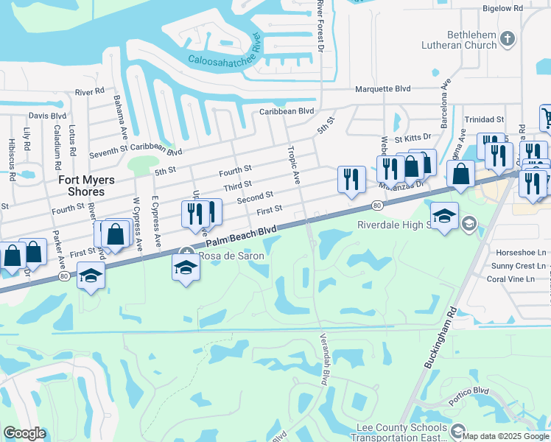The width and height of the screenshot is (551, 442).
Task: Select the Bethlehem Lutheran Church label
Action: click(x=472, y=40)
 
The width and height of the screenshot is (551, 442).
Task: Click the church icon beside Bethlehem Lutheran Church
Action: click(x=508, y=39)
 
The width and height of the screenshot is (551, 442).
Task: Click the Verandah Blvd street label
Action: click(x=322, y=359)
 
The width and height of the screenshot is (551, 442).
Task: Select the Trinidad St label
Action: click(x=484, y=119)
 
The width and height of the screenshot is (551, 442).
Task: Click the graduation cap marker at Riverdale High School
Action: click(x=444, y=217)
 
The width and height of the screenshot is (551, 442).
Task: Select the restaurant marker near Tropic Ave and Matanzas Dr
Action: click(x=351, y=179)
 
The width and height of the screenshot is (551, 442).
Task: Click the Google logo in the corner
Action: click(x=24, y=433)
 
